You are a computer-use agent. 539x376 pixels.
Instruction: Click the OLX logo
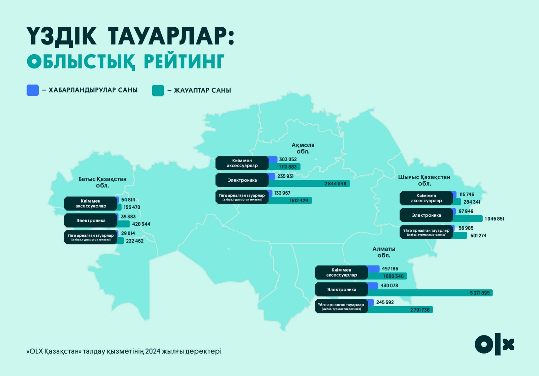pos(494,344)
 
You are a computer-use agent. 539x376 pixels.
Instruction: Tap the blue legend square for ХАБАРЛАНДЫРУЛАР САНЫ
pos(32,90)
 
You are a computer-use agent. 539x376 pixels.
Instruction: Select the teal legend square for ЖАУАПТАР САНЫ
pos(158,91)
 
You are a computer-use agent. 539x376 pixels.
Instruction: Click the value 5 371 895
pos(480,293)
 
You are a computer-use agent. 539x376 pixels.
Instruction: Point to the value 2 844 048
pos(335,183)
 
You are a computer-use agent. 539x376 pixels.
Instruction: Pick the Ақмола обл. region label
pos(303,148)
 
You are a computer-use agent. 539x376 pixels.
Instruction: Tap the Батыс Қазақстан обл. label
pos(102,182)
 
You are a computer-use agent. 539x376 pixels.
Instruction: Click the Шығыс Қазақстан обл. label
pos(424,180)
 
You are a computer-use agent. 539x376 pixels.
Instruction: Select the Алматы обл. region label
pos(384,252)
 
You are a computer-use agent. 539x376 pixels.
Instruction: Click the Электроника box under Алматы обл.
pos(341,289)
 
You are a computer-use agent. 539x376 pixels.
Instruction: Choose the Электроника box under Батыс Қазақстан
pos(91,221)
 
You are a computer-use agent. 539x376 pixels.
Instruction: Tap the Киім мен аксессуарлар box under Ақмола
pos(242,163)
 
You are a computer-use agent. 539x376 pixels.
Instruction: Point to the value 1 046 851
pos(495,219)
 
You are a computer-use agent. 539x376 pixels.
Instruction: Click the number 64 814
pos(128,200)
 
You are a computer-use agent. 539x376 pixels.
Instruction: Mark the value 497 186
pos(390,268)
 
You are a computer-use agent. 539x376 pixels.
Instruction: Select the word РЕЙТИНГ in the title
pos(184,62)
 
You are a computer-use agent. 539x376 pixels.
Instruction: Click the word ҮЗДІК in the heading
pos(62,36)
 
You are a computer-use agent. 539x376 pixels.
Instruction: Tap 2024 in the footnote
pos(153,351)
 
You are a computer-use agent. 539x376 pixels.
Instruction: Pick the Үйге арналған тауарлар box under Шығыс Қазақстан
pos(426,232)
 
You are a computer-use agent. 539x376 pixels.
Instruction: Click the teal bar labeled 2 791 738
pos(401,310)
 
